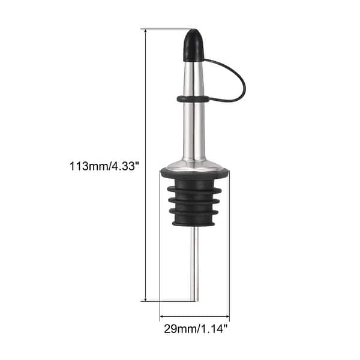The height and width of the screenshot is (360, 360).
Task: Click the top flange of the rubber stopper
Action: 194,174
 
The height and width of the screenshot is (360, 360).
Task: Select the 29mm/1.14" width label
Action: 194,329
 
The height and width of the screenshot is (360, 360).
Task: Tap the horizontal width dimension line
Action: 194,316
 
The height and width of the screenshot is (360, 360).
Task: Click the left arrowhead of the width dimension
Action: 163,316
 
